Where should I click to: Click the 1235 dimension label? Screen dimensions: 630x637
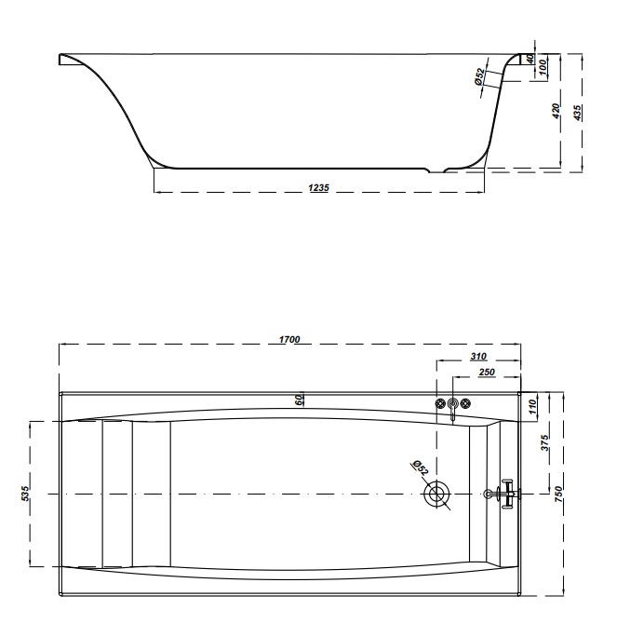coord(319,188)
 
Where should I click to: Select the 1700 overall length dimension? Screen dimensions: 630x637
coord(289,339)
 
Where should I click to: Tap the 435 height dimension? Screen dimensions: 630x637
coord(577,112)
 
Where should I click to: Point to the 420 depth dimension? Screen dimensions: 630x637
coord(556,111)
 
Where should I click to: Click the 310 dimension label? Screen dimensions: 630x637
coord(478,357)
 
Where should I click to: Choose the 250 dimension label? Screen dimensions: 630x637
coord(487,372)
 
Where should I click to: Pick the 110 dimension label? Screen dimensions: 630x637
coord(533,407)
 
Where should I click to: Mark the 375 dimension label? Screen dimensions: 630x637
coord(544,442)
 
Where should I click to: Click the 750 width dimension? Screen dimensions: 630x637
coord(558,494)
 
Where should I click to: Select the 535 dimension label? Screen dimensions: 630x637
coord(25,494)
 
